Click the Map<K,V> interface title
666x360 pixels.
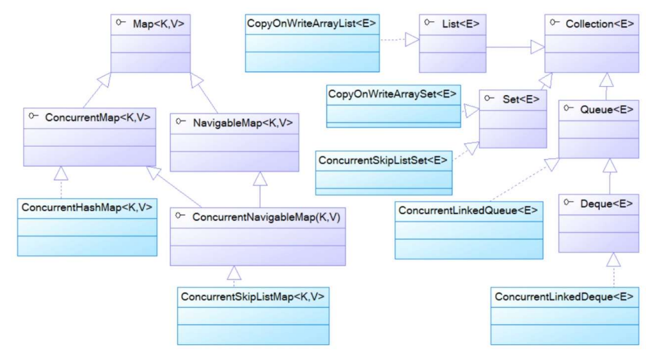[158, 24]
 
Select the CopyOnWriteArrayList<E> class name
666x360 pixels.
[311, 23]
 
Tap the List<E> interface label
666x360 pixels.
[461, 24]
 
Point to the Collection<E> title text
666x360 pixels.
[599, 24]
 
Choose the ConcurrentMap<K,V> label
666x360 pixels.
[98, 117]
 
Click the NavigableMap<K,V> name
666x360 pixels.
[242, 123]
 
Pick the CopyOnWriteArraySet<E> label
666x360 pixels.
[392, 94]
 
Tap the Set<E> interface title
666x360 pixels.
[521, 99]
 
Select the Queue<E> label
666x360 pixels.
[607, 109]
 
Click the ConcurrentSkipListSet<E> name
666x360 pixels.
[383, 160]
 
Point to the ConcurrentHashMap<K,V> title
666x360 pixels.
[87, 207]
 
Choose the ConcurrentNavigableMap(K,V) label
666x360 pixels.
[266, 217]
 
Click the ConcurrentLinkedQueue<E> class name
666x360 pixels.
[468, 210]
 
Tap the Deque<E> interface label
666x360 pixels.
[606, 204]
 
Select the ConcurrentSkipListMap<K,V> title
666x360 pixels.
[252, 296]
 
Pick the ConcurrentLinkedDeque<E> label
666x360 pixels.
[563, 296]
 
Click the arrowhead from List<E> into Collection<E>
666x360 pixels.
[538, 47]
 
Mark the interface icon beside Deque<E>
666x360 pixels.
[569, 202]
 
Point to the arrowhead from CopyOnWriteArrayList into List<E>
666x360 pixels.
[413, 39]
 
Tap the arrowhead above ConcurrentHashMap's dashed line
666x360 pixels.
[61, 173]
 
